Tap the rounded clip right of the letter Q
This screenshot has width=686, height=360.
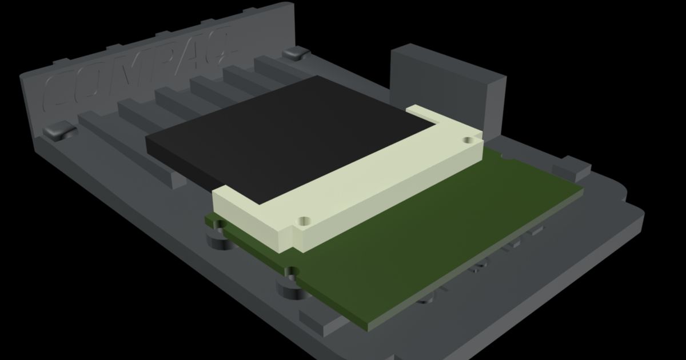click(296, 54)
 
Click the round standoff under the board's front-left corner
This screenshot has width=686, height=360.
click(216, 240)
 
